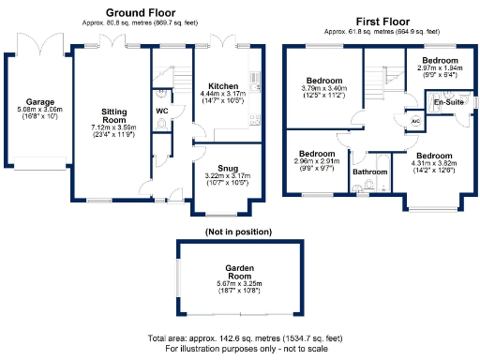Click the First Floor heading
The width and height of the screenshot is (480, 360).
tap(384, 21)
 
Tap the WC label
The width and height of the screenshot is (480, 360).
tap(161, 110)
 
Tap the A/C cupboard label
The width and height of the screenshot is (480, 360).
tap(415, 121)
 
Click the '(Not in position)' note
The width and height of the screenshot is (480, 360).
tap(237, 230)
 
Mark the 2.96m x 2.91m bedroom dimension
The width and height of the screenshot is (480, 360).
tap(317, 161)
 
